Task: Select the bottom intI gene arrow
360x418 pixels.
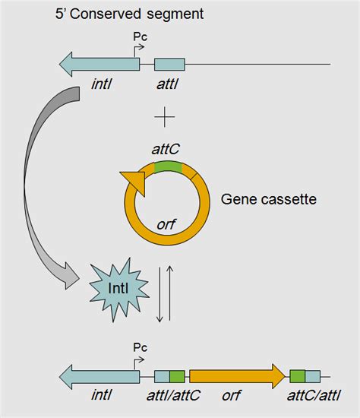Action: [99, 375]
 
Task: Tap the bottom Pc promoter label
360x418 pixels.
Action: [140, 347]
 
